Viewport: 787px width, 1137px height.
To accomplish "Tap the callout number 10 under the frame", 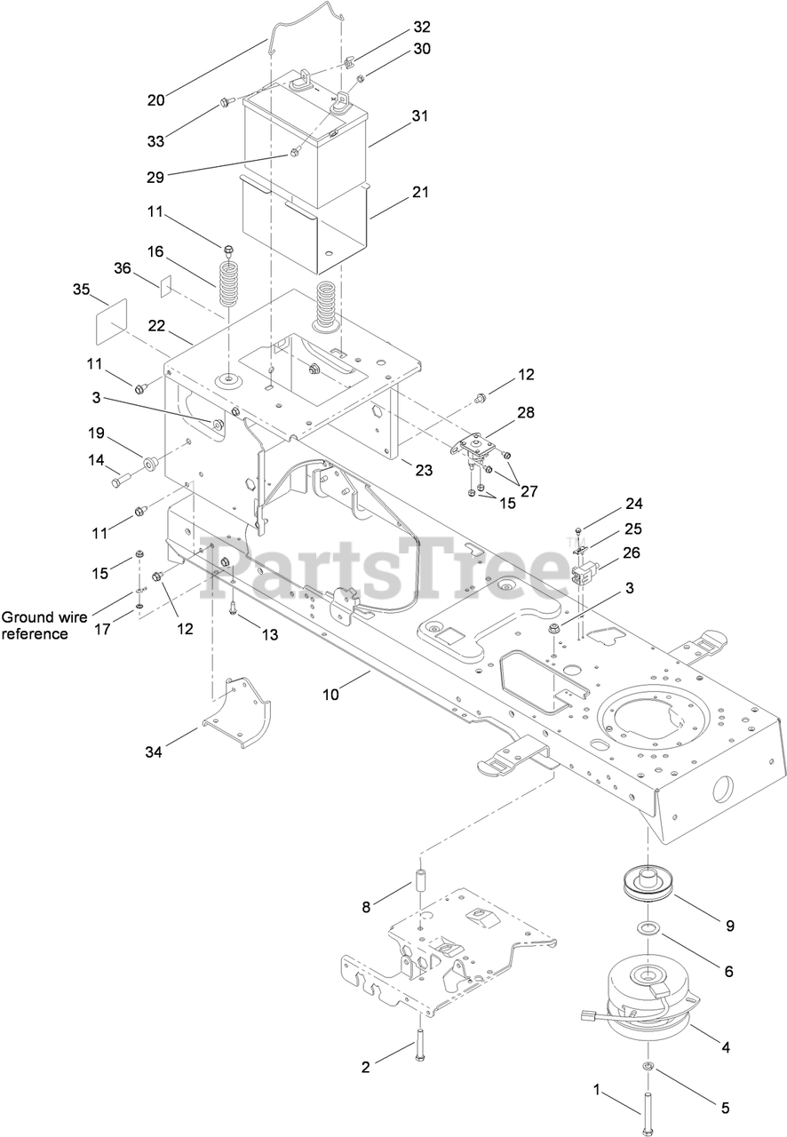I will (x=330, y=695).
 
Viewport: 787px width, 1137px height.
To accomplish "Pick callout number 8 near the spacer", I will (x=365, y=907).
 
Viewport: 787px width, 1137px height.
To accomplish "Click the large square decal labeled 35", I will (x=112, y=314).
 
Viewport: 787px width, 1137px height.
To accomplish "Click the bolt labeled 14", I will (x=123, y=480).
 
